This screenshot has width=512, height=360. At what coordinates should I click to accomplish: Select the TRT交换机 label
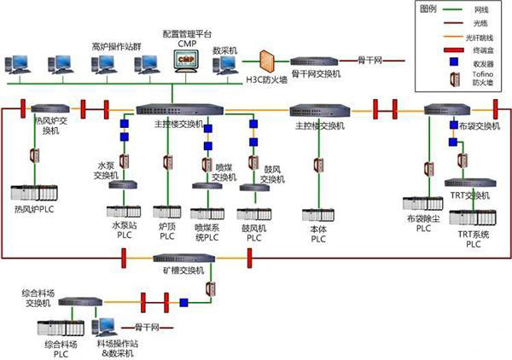[x=470, y=196]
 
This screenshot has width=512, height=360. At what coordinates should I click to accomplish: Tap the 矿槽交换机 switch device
[x=177, y=258]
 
